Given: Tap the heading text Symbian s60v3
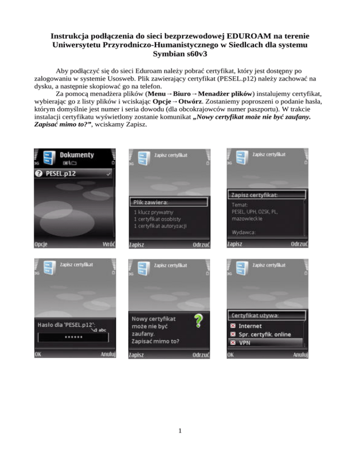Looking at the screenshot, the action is click(180, 54).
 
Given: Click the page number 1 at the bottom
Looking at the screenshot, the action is click(180, 431).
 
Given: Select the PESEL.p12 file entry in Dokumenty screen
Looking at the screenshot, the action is click(73, 173).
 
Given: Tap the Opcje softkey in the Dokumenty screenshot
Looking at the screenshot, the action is click(41, 244).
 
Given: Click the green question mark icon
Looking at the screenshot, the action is click(198, 321).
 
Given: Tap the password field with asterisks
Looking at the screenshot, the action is click(73, 338).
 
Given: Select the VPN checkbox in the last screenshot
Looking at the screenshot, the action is click(233, 343).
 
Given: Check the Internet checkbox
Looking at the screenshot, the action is click(233, 326).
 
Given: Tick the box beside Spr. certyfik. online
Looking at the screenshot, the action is click(233, 334).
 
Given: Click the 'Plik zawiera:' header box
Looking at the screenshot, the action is click(169, 203).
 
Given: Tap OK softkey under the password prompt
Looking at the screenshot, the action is click(38, 354).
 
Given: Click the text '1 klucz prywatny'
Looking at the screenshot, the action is click(153, 212).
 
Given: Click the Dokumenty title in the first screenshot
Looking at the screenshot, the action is click(77, 155).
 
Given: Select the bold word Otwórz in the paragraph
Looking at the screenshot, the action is click(190, 101).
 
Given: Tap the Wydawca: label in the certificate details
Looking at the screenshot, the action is click(243, 233).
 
